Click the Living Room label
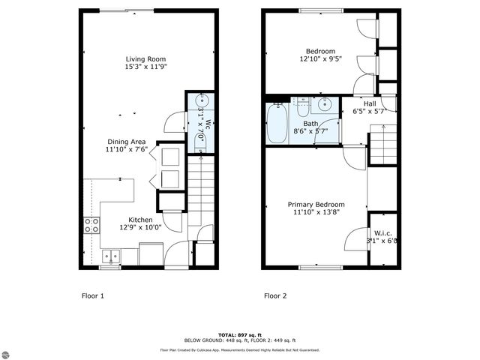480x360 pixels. point(145,58)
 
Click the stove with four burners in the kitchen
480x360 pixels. point(91,224)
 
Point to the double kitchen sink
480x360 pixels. point(111,255)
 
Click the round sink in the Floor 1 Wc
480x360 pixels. point(200,100)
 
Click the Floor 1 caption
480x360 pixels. point(92,295)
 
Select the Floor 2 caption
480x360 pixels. point(275,295)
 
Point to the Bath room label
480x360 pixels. point(310,124)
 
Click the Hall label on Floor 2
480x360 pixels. point(370,103)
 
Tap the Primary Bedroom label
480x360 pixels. point(316,205)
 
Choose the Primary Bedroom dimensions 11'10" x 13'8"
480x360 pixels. point(316,213)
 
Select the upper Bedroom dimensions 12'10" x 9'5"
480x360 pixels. point(320,59)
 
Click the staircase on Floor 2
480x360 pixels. point(382,145)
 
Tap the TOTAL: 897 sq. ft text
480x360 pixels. point(239,334)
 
